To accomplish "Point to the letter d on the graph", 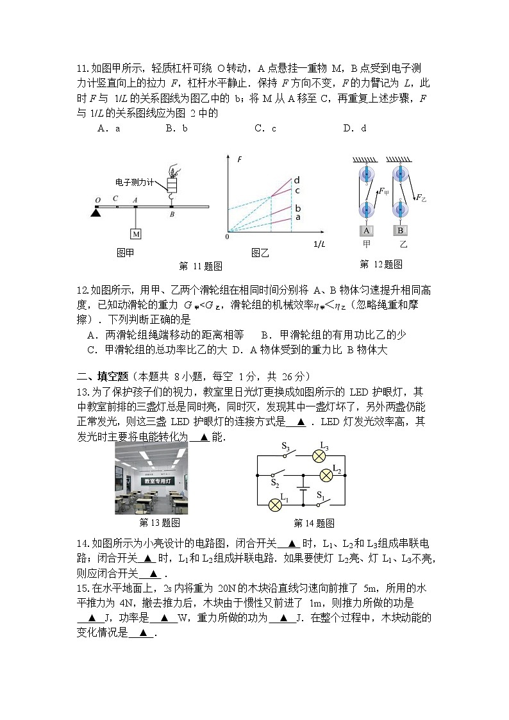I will click(x=297, y=180).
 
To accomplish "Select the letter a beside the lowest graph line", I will click(x=297, y=217).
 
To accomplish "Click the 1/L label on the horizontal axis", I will click(x=319, y=244).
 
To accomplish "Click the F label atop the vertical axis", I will click(x=239, y=158).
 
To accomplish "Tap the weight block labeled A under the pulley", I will click(x=367, y=231).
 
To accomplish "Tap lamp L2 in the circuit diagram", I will click(x=326, y=475).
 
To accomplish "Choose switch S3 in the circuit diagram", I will click(x=286, y=453).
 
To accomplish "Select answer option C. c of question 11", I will click(x=265, y=128).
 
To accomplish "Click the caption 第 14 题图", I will click(x=313, y=523).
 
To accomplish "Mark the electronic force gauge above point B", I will click(x=172, y=184).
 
